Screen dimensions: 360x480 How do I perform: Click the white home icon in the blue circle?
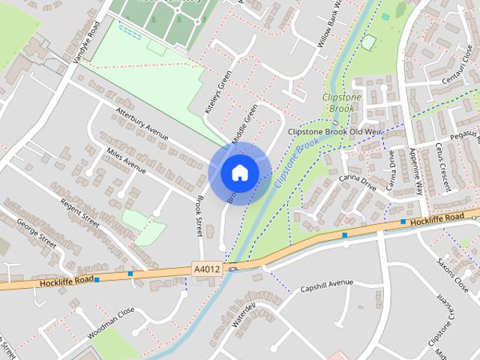(239, 172)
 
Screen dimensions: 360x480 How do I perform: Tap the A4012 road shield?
(207, 268)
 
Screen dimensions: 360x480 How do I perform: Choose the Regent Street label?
(80, 214)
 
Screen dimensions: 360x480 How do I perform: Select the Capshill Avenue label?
(326, 286)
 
